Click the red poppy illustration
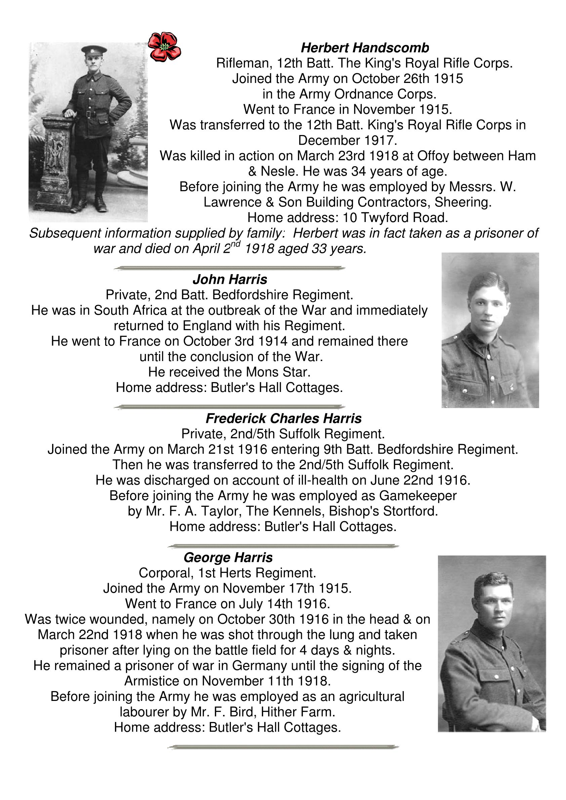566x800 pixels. pos(164,47)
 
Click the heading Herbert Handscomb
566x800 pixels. pos(365,48)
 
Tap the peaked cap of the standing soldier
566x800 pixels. pos(94,50)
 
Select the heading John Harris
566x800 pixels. pos(230,279)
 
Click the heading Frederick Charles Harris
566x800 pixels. pos(284,418)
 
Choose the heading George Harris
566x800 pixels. pos(228,558)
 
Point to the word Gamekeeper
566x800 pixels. pos(418,495)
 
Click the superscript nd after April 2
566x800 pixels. pos(236,245)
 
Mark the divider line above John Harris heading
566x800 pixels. pos(230,268)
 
